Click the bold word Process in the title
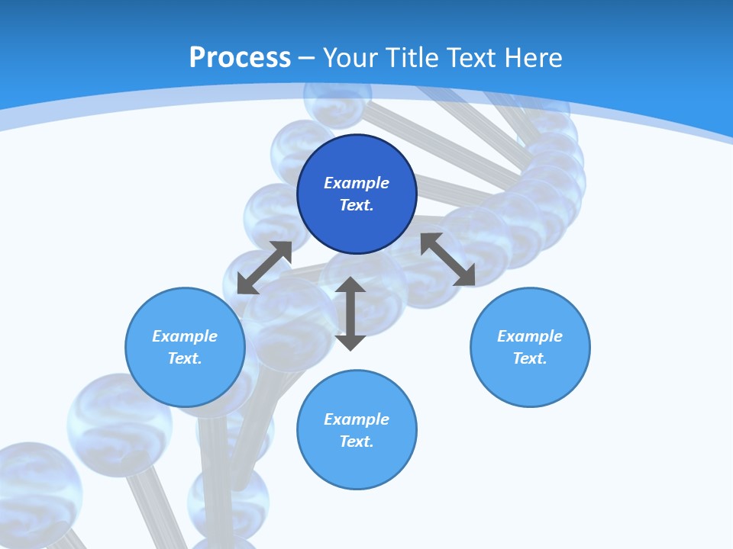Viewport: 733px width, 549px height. (240, 58)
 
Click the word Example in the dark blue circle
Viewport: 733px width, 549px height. (357, 183)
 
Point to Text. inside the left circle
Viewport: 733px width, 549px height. (185, 358)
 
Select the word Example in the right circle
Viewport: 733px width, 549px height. (530, 336)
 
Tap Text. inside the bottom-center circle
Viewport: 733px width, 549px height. (357, 441)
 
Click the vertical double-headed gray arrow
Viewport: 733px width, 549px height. (350, 313)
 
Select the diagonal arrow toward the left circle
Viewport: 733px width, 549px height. (264, 268)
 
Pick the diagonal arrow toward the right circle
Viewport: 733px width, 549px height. (447, 259)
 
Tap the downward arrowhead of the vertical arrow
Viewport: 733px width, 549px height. (350, 342)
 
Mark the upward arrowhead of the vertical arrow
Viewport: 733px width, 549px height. (350, 285)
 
